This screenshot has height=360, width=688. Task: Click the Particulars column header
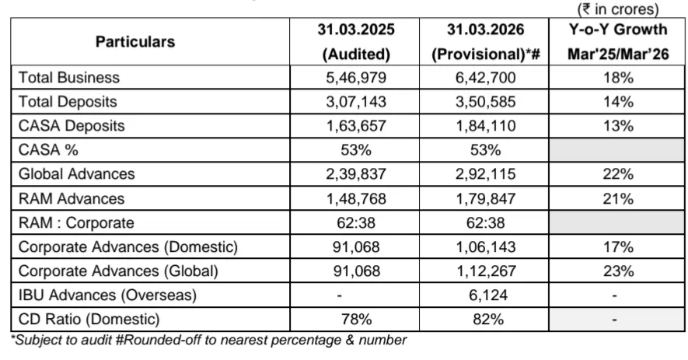click(135, 42)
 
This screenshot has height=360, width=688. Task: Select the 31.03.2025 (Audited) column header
click(355, 42)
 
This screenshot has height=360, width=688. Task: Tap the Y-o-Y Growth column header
click(618, 42)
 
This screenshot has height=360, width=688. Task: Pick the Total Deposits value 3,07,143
click(355, 102)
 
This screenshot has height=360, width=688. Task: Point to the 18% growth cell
click(618, 78)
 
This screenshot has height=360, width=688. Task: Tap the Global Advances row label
click(76, 174)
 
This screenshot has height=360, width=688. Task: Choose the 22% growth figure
click(618, 174)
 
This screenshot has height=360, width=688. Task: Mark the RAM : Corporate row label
click(76, 223)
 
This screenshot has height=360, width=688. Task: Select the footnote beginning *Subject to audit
click(208, 340)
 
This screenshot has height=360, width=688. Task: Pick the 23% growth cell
click(618, 271)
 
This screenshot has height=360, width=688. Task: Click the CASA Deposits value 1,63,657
click(355, 126)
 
